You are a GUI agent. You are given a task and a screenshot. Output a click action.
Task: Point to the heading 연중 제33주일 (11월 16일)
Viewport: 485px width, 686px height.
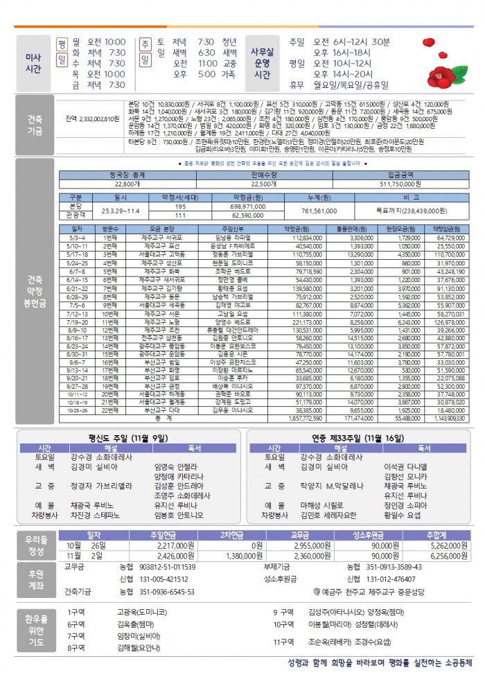tap(356, 439)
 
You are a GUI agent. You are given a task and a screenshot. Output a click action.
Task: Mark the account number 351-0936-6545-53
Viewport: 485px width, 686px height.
tap(167, 592)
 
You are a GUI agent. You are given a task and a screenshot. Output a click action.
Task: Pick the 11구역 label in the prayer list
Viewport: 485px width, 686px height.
tap(284, 642)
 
